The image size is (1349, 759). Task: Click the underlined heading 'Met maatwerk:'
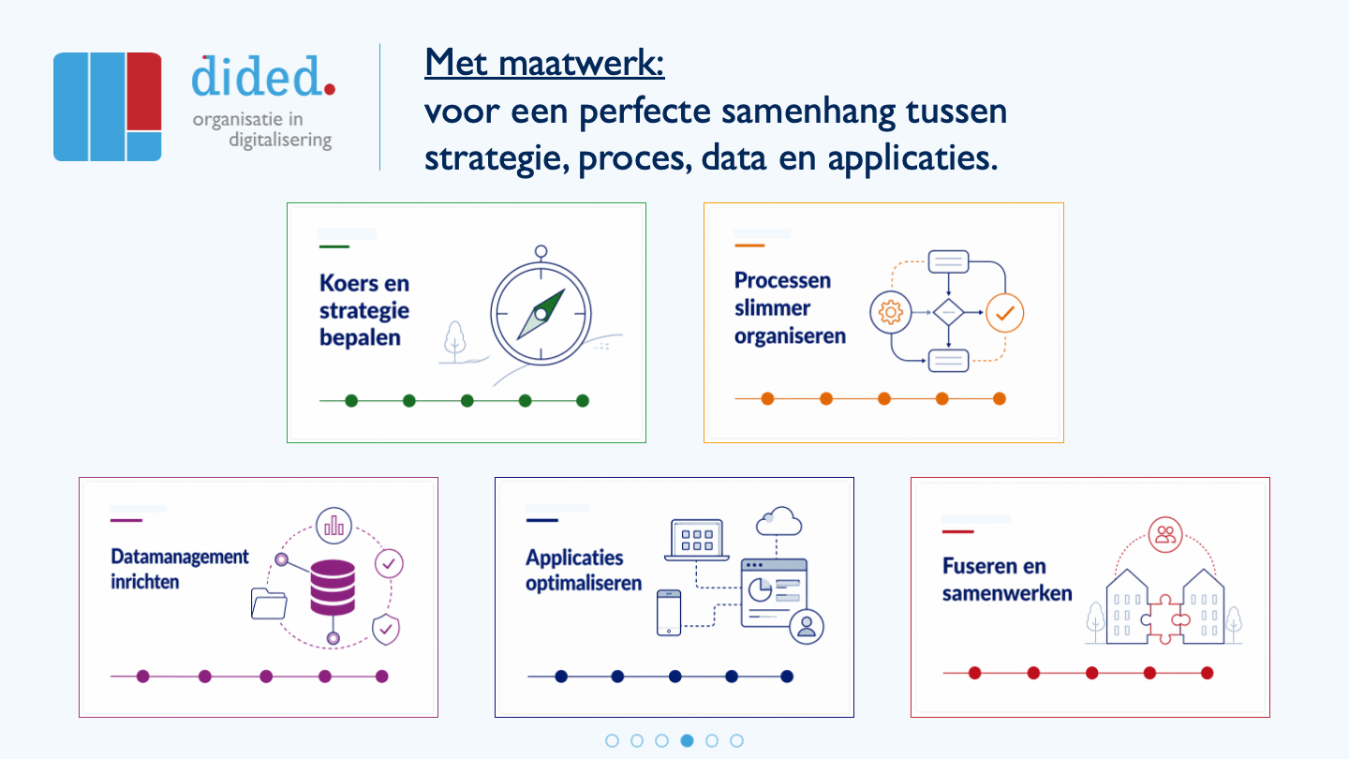click(x=544, y=64)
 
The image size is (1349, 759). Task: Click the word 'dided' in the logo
click(x=257, y=76)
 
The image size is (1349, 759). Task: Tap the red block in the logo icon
click(x=144, y=92)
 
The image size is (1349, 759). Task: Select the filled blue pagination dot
click(x=687, y=740)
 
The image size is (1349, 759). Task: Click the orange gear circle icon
click(x=890, y=312)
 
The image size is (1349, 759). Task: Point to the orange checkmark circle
click(x=1004, y=313)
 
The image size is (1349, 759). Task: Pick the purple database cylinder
click(x=333, y=587)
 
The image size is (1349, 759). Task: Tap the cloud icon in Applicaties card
click(x=779, y=521)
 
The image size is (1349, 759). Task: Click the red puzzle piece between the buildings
click(x=1165, y=619)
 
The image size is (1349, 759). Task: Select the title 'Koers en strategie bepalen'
click(x=364, y=310)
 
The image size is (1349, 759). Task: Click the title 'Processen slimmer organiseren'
click(x=790, y=307)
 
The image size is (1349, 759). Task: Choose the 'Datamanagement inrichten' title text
click(x=180, y=569)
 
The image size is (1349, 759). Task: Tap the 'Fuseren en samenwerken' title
click(x=1007, y=579)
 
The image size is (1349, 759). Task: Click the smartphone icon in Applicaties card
click(x=669, y=613)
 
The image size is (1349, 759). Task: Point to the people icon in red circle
click(x=1165, y=534)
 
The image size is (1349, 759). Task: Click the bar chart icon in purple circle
click(x=334, y=526)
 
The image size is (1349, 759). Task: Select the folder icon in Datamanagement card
click(x=269, y=603)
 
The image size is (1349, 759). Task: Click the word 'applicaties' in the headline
click(x=912, y=159)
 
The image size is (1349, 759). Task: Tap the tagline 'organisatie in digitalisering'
click(x=262, y=129)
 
